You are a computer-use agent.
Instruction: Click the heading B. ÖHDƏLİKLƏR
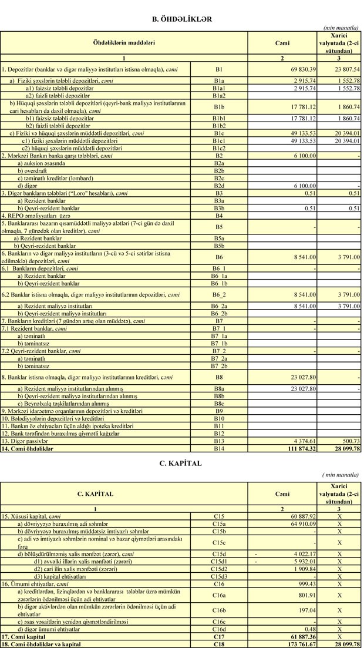coord(181,19)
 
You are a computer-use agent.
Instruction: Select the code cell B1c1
coord(219,141)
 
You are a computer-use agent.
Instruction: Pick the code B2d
coord(219,186)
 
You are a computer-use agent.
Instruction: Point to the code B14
coord(219,448)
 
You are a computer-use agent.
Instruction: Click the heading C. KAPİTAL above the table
coord(181,464)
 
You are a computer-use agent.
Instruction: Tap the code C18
coord(219,644)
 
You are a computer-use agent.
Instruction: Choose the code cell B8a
coord(219,388)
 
